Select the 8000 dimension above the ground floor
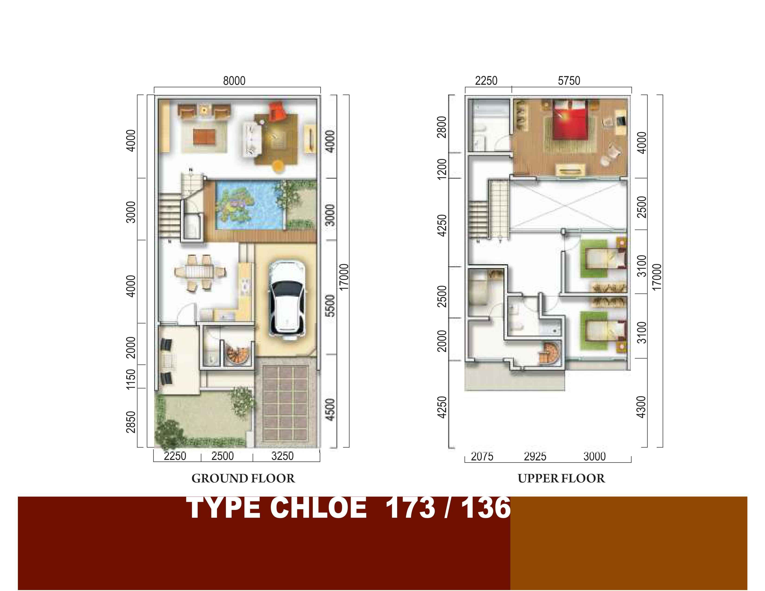234,81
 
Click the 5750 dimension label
569,81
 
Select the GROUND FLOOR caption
243,478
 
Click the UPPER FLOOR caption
561,478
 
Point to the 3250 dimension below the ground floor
282,456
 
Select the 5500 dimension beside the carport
330,306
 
